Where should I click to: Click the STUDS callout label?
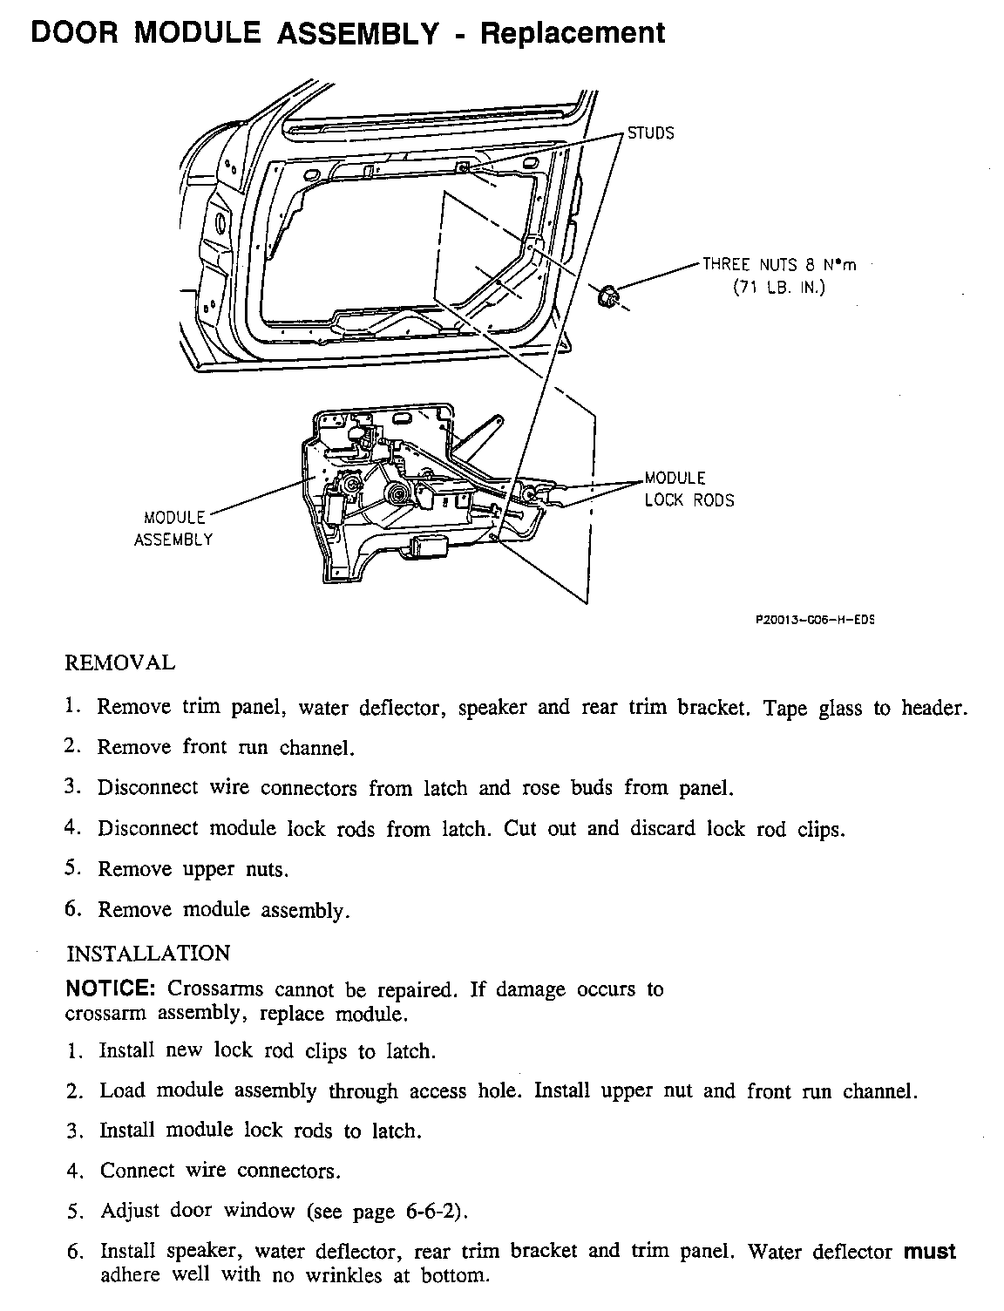click(651, 133)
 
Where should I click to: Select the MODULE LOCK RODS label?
click(689, 489)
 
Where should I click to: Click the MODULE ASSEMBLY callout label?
click(173, 528)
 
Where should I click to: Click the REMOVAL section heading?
click(120, 662)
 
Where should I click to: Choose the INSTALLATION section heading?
click(148, 953)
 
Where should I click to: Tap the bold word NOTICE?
click(111, 989)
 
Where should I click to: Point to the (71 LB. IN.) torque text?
click(778, 288)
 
